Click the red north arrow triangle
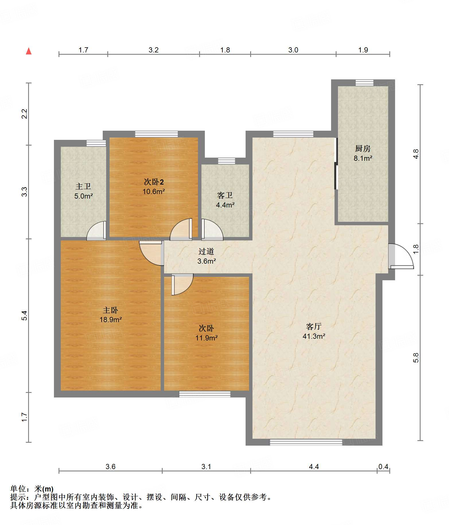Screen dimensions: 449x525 [29, 51]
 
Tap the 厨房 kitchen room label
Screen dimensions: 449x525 [363, 148]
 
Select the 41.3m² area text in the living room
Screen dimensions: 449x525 [314, 336]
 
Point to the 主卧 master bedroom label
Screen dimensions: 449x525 [110, 310]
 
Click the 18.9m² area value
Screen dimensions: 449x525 [111, 320]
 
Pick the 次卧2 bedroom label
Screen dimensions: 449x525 [154, 182]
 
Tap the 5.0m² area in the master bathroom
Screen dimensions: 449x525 [83, 196]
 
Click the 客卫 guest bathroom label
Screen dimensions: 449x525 [225, 195]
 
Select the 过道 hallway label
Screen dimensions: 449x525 [206, 252]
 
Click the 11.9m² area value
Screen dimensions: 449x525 [207, 338]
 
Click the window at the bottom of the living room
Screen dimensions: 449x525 [306, 442]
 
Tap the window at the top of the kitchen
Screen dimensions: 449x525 [364, 83]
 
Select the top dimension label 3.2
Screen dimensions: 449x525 [153, 50]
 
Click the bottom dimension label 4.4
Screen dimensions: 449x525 [314, 467]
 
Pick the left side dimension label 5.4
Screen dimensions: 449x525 [25, 316]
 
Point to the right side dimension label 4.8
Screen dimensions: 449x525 [416, 154]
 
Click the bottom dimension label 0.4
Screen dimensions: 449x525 [383, 467]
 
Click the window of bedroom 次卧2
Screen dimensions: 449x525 [156, 134]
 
